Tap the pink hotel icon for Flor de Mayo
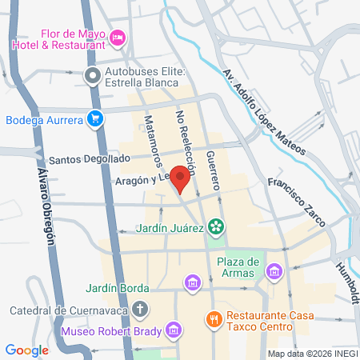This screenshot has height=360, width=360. [x=118, y=38]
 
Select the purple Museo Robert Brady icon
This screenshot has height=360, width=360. [x=172, y=330]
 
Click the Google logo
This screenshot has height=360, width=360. [x=27, y=350]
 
